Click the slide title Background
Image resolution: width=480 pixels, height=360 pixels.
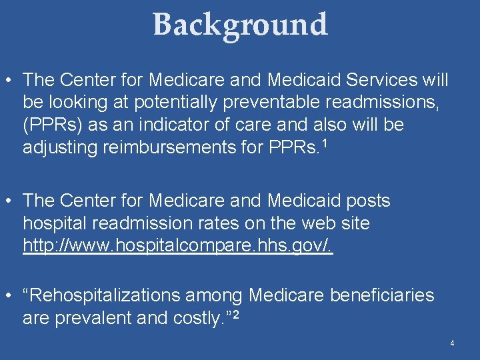(240, 25)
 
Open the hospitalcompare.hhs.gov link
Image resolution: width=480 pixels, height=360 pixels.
(177, 246)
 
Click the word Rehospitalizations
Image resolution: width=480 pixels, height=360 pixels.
(133, 295)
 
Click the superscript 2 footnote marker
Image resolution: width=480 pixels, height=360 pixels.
(235, 313)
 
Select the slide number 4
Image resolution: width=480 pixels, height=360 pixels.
(452, 343)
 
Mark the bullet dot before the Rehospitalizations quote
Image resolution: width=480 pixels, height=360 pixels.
(10, 295)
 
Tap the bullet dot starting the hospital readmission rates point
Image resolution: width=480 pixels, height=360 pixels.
(10, 201)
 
